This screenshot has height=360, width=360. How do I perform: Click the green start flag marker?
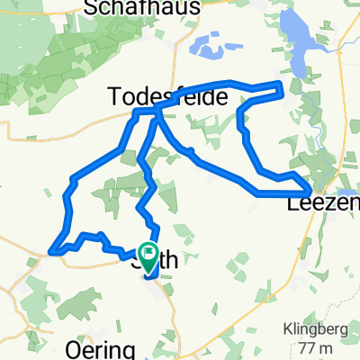coord(148,255)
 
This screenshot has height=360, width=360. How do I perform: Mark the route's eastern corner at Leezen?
coord(310,192)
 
